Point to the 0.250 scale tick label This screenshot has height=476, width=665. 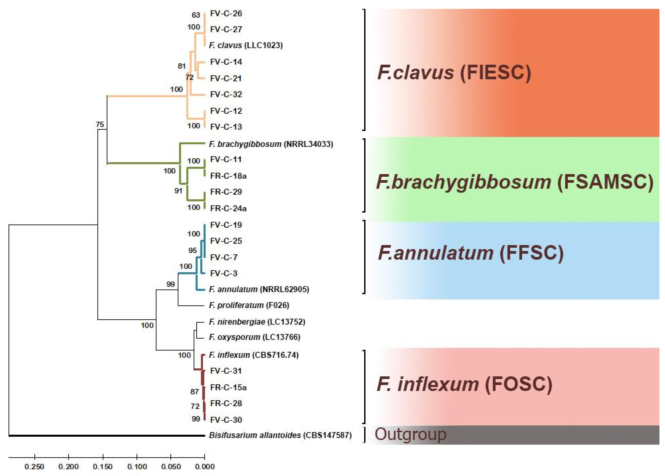(x=35, y=467)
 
